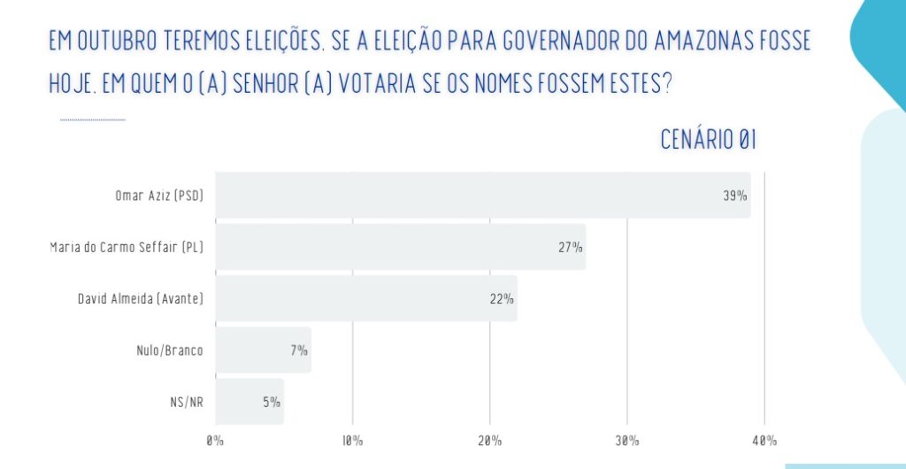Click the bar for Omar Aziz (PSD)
[x=482, y=196]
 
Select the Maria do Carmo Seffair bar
[x=400, y=247]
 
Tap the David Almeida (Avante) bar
[x=365, y=298]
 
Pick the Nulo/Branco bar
[x=263, y=350]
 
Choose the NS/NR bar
[x=250, y=402]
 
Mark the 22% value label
[x=502, y=299]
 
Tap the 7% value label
[x=299, y=350]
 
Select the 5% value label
[x=272, y=402]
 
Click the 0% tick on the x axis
[x=216, y=441]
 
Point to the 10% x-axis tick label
[x=352, y=441]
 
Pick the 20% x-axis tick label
[x=490, y=441]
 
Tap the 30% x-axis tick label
[x=627, y=441]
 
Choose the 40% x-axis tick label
[x=764, y=441]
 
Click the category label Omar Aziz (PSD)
[x=154, y=196]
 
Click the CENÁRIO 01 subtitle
[x=708, y=140]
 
